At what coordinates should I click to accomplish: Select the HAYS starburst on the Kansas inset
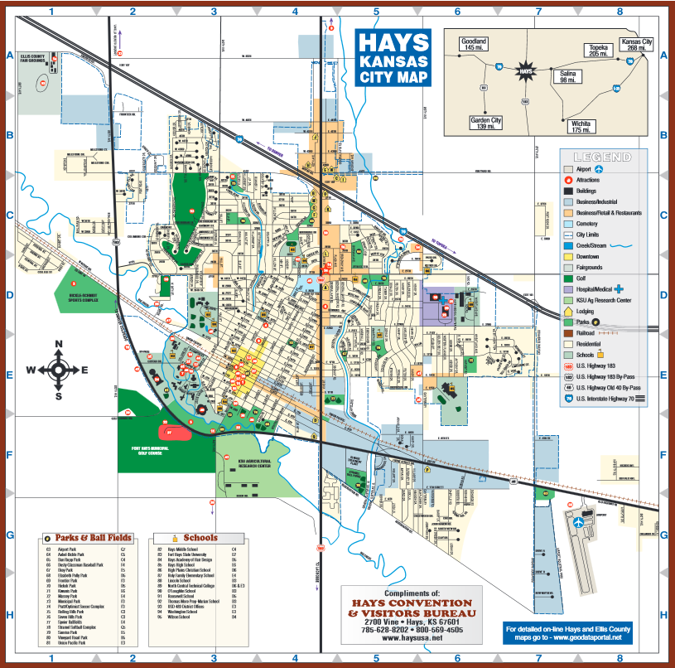click(523, 71)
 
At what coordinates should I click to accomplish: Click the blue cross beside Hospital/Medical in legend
click(619, 288)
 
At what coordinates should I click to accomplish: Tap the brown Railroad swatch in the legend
click(567, 332)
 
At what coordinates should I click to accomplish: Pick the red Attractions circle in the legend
click(567, 180)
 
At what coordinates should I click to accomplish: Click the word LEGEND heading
click(602, 157)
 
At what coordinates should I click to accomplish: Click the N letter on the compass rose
click(59, 345)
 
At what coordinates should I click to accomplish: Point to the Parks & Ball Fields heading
click(89, 537)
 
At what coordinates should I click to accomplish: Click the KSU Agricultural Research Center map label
click(254, 464)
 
